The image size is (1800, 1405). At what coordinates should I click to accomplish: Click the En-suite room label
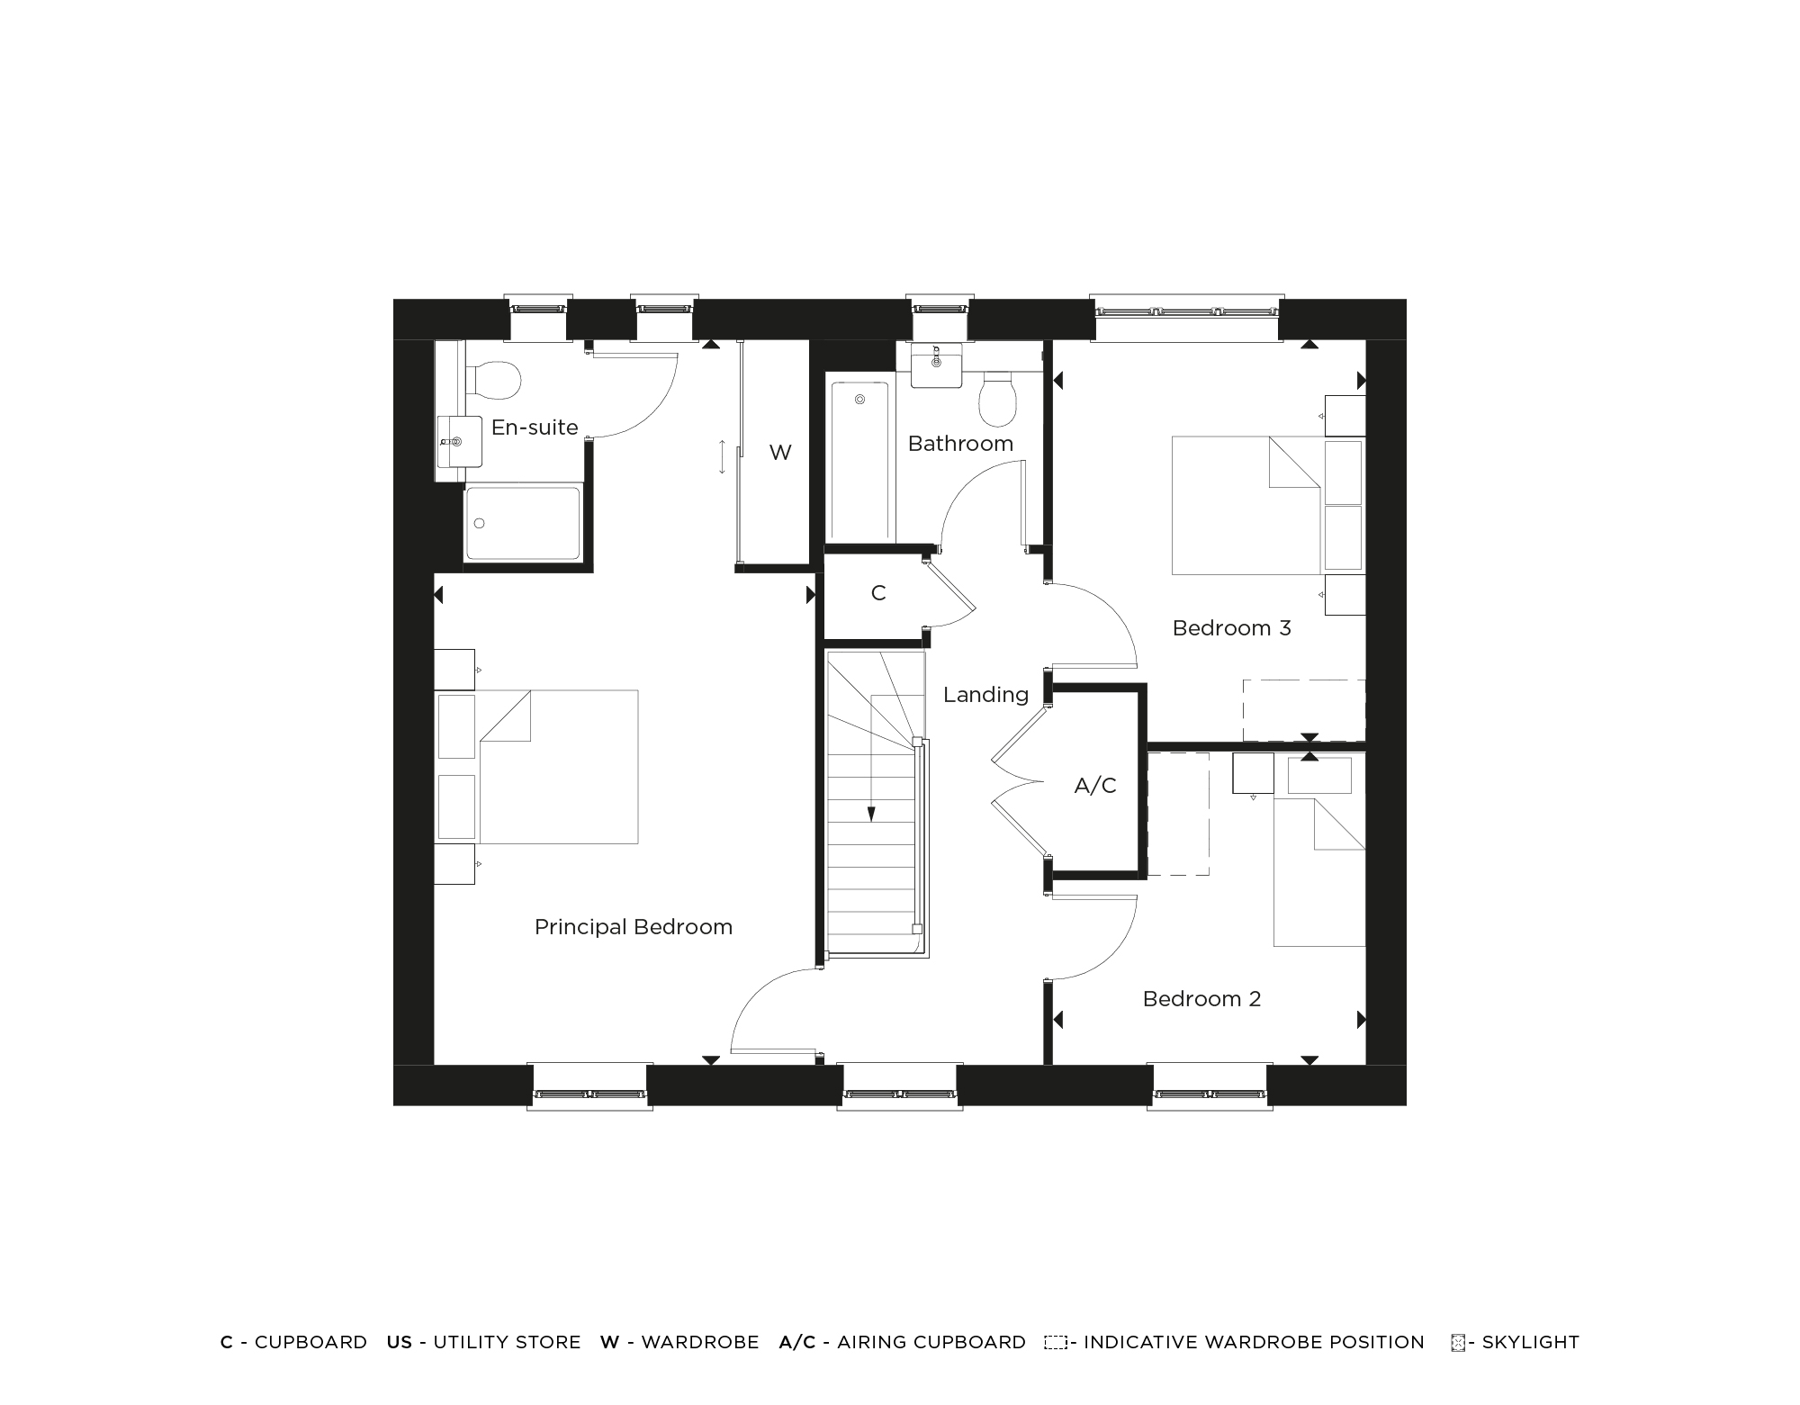click(535, 428)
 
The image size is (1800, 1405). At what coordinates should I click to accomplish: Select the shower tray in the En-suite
click(522, 523)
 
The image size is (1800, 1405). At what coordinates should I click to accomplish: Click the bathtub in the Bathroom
click(859, 462)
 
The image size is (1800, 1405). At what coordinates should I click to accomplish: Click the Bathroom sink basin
click(936, 365)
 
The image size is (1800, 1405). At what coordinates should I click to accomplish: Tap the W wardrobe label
click(780, 453)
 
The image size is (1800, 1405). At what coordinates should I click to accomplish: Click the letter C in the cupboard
click(878, 593)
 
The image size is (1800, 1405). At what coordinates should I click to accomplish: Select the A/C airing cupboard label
click(1095, 786)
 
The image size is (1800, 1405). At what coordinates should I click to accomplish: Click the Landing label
click(985, 695)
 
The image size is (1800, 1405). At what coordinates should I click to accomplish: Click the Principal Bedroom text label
click(633, 927)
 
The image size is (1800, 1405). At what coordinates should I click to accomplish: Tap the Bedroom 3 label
click(1231, 628)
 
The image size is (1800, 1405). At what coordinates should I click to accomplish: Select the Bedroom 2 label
click(1201, 999)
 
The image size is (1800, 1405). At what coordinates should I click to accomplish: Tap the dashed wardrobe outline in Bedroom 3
click(1303, 710)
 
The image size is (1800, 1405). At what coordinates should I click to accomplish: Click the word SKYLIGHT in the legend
click(1530, 1342)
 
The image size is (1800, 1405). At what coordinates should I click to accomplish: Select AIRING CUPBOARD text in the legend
click(931, 1342)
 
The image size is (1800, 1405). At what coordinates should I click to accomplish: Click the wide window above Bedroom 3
click(1186, 312)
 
